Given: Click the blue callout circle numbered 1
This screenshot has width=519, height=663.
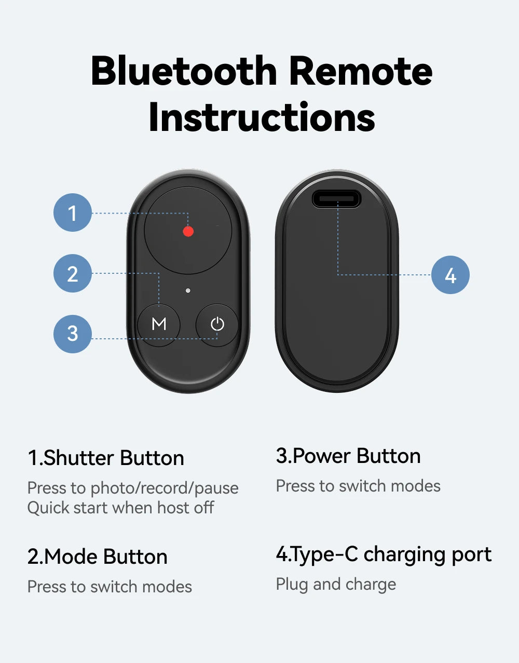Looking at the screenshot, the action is pyautogui.click(x=73, y=213).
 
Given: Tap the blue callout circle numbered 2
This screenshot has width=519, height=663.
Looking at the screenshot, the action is pyautogui.click(x=73, y=273).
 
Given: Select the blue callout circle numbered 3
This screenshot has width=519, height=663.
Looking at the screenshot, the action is pyautogui.click(x=73, y=334).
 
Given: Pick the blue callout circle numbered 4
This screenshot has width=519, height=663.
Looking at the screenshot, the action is pyautogui.click(x=450, y=275).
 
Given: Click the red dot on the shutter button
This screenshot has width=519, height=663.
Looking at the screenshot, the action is pyautogui.click(x=188, y=231).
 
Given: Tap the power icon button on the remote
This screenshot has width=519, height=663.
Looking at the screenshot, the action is pyautogui.click(x=217, y=325).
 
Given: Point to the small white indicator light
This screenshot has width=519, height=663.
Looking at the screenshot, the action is pyautogui.click(x=188, y=290).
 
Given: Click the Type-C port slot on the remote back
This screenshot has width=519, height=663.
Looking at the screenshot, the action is pyautogui.click(x=336, y=199).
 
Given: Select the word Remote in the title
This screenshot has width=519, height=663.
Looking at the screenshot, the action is pyautogui.click(x=361, y=71).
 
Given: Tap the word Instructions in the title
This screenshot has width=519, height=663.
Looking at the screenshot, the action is pyautogui.click(x=262, y=117).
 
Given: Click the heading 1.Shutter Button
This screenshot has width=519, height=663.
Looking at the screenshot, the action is pyautogui.click(x=106, y=458).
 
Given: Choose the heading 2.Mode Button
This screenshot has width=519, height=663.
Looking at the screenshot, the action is pyautogui.click(x=98, y=556).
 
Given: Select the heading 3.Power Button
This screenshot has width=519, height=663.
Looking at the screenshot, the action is pyautogui.click(x=348, y=456).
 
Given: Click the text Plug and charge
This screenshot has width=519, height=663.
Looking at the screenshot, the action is pyautogui.click(x=336, y=585).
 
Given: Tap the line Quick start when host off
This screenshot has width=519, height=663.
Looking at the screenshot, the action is pyautogui.click(x=121, y=508).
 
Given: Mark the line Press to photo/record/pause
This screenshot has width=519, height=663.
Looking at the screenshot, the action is pyautogui.click(x=133, y=488).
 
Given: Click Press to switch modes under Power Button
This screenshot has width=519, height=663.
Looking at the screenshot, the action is pyautogui.click(x=358, y=486).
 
